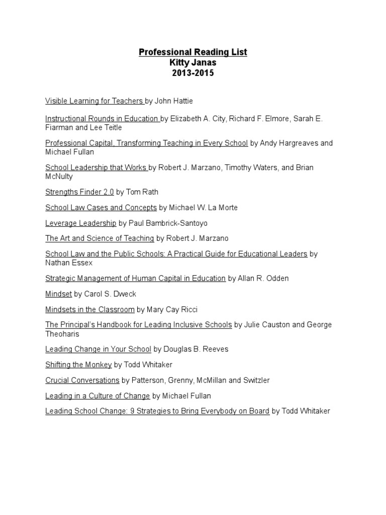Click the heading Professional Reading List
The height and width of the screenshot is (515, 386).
point(193,52)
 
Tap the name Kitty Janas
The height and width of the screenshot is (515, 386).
point(193,62)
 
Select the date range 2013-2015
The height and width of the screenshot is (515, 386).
point(193,73)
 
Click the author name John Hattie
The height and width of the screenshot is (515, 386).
point(174,101)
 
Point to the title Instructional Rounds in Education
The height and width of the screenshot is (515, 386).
point(102,119)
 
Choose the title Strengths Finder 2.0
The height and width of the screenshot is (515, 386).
point(79,192)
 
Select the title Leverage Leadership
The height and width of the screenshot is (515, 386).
point(80,223)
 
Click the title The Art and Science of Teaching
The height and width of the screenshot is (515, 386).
point(100,238)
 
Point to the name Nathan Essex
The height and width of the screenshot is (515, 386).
point(69,263)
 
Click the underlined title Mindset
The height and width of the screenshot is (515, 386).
point(59,294)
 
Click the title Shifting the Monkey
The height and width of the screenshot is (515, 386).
point(78,365)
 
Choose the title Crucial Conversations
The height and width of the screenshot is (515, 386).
point(82,380)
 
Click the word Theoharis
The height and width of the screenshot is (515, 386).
point(62,334)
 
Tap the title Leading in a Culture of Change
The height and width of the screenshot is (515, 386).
point(98,396)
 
